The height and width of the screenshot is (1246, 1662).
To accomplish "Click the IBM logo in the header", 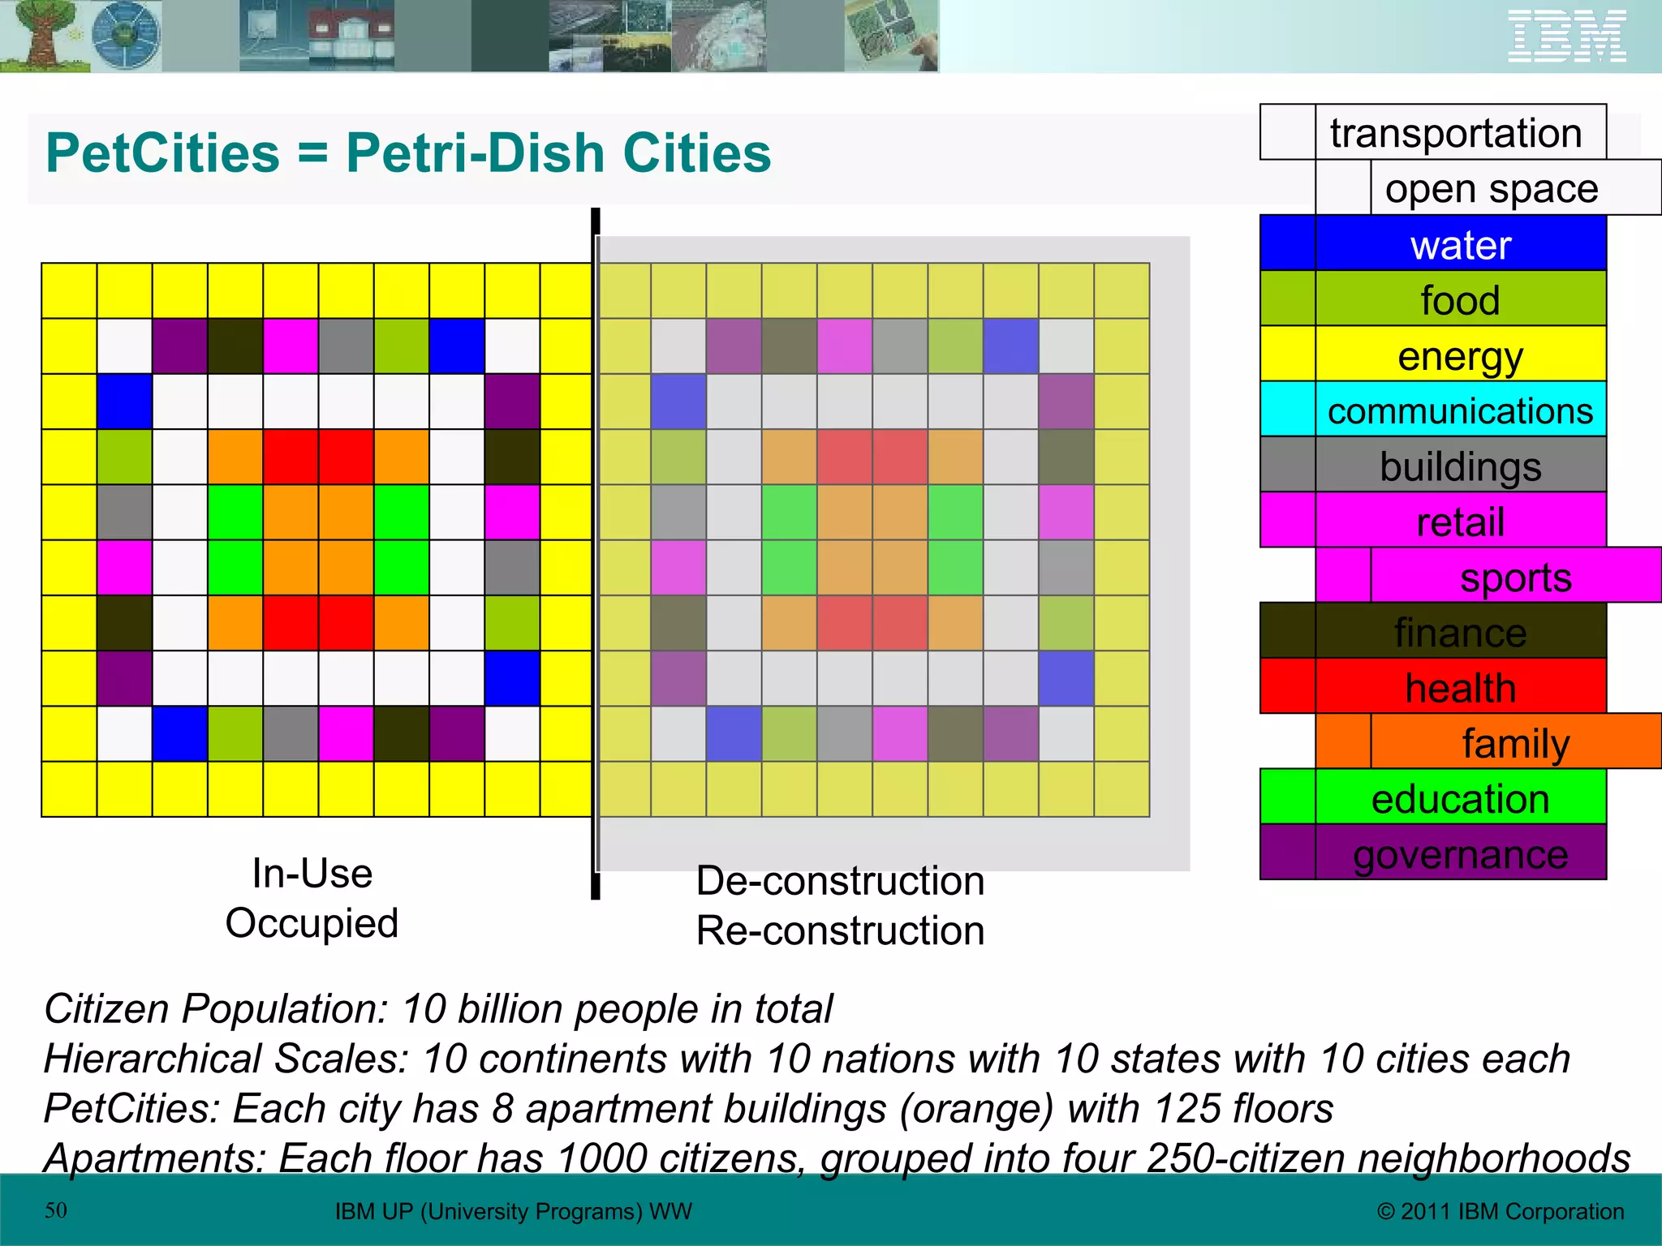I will [x=1566, y=37].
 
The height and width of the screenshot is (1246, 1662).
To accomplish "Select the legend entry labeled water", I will [x=1459, y=244].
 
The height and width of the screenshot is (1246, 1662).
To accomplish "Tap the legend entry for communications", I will [x=1459, y=410].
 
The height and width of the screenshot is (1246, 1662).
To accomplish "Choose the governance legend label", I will [x=1459, y=853].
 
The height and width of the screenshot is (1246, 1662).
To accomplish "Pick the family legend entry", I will [x=1515, y=742].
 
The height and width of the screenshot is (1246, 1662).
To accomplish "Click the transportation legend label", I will [x=1456, y=133].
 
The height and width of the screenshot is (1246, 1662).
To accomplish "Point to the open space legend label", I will [x=1492, y=189].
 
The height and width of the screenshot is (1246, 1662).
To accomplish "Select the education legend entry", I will [x=1459, y=798].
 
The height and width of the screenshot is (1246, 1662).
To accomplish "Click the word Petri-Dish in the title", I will [x=475, y=153].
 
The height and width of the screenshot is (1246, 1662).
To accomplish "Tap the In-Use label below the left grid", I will [x=312, y=874].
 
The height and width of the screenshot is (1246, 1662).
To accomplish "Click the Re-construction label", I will [x=840, y=930].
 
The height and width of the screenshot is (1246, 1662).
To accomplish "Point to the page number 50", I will [x=56, y=1210].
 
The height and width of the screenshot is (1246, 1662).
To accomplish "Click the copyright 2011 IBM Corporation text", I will [x=1501, y=1211].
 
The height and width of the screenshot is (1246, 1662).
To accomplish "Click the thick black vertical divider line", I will [x=595, y=552].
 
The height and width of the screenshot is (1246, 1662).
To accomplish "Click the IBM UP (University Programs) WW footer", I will [x=513, y=1211].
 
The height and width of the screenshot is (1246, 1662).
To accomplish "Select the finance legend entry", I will [x=1459, y=632].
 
